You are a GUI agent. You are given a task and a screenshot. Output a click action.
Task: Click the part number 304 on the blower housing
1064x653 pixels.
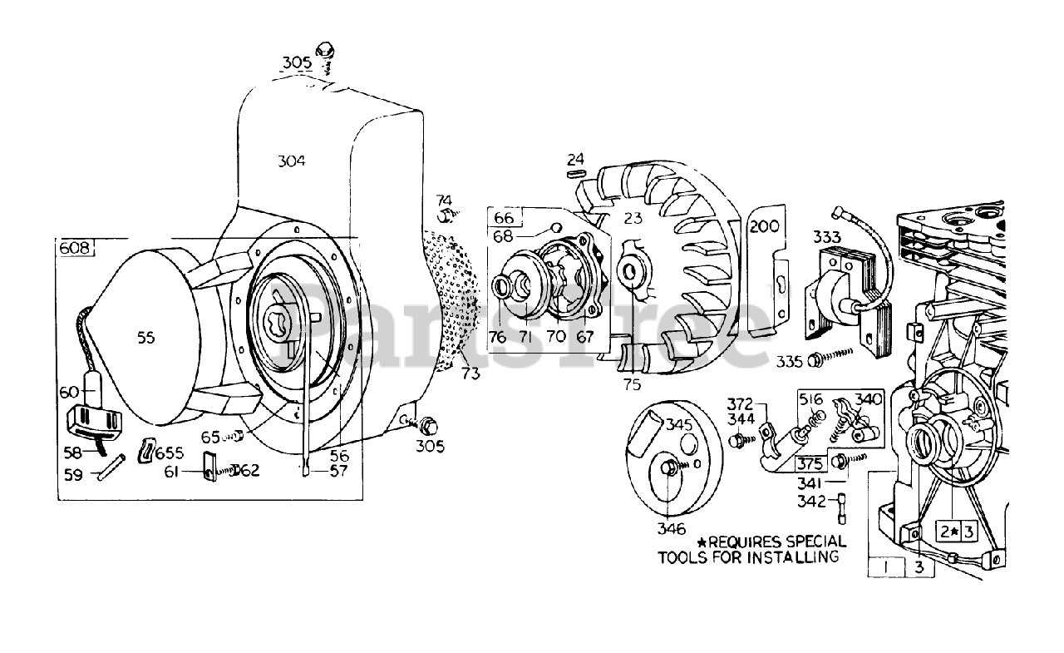[291, 161]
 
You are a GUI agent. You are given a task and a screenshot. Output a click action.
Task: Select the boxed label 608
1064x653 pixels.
[75, 247]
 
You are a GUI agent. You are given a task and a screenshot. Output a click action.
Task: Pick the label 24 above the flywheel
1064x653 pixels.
[577, 158]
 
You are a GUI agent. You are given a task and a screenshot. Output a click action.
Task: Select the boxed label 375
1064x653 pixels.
[810, 464]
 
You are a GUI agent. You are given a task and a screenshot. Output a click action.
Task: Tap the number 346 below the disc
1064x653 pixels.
[671, 528]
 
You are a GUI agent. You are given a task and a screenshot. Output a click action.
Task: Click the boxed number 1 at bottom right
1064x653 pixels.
[887, 567]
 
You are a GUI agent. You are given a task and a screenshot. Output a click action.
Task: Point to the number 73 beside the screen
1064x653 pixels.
[470, 374]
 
